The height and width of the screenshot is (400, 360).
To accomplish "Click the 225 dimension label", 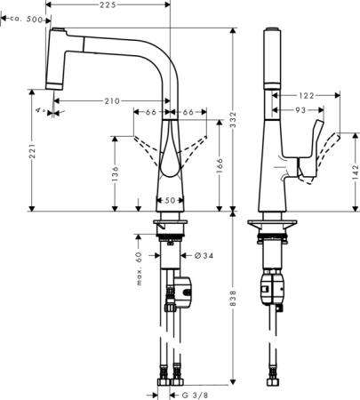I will [x=107, y=6].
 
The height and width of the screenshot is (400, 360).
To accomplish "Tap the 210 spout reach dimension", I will [x=112, y=101].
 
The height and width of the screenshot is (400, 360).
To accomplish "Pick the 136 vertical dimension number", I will [x=116, y=175].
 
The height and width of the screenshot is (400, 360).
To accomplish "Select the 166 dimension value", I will [x=219, y=166].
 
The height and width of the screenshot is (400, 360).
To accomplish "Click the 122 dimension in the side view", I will [x=306, y=93].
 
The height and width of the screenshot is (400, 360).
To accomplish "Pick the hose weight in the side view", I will [x=275, y=287].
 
